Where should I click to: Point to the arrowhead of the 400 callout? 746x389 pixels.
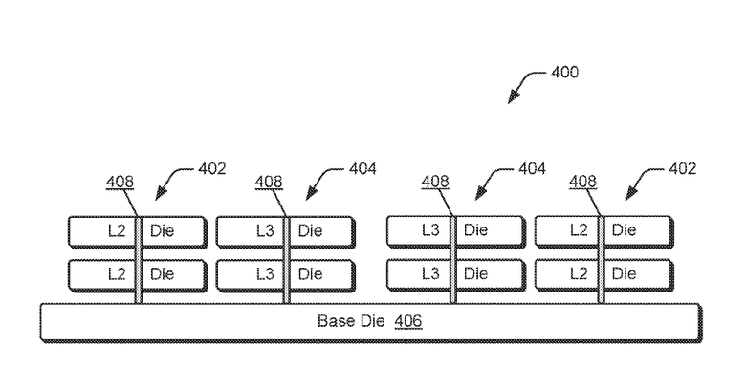point(512,100)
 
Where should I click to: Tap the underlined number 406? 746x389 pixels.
point(408,321)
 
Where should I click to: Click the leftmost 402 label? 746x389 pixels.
point(211,169)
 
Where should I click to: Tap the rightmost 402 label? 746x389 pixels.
point(682,169)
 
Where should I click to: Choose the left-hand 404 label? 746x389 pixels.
point(362,169)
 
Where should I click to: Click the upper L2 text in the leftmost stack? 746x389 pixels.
point(117,230)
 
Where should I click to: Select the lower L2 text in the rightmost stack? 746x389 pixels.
point(580,274)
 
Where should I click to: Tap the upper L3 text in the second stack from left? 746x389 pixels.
point(265,230)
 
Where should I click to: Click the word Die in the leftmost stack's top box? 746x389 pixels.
point(163,230)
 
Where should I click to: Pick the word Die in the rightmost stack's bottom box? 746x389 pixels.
point(625,274)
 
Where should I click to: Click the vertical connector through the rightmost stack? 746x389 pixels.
point(602,258)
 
